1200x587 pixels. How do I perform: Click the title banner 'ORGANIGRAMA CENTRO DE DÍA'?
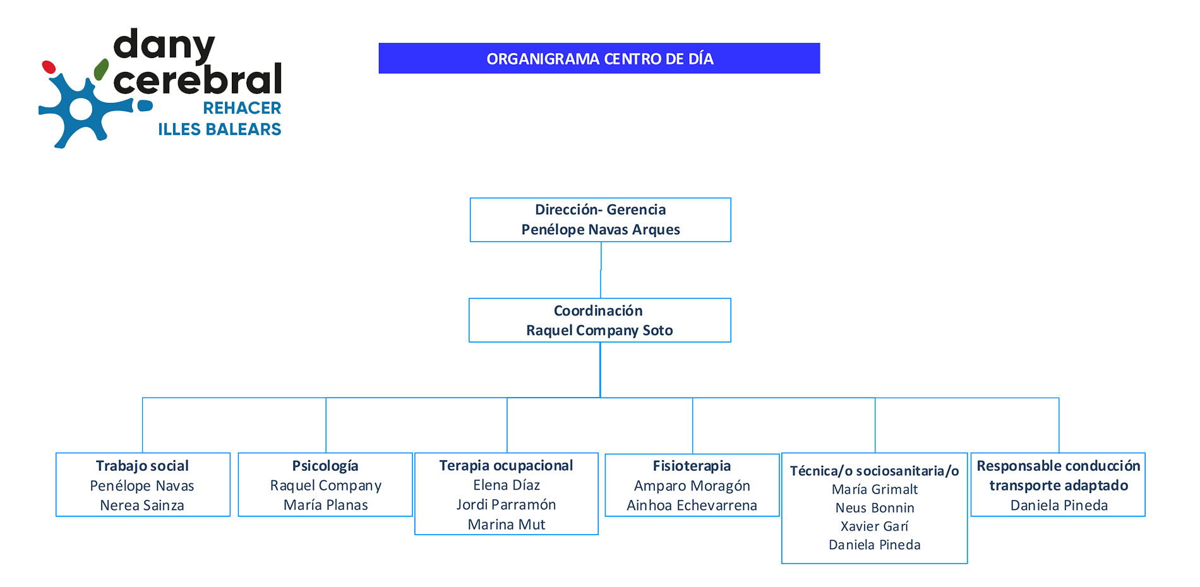599,59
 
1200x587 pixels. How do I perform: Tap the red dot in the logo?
49,67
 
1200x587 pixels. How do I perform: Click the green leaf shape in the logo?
101,69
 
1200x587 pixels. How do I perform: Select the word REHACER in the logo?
242,108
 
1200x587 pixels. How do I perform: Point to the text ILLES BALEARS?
219,129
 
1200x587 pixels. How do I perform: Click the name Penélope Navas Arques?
600,230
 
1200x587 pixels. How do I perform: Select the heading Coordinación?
598,311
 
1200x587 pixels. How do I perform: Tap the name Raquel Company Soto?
599,331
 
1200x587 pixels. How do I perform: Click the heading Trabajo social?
142,466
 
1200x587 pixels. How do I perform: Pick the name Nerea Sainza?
142,506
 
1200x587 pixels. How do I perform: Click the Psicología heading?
325,466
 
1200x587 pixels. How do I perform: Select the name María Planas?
325,505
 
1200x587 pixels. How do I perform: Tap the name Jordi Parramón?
506,505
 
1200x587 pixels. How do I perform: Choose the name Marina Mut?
506,525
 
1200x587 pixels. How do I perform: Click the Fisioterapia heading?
692,466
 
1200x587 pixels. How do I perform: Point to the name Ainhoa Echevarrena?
692,506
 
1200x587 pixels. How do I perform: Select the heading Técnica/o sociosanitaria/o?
874,471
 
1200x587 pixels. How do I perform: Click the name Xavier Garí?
874,526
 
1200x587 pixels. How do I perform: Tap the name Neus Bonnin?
874,508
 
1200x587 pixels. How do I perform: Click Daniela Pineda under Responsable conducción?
1059,506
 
